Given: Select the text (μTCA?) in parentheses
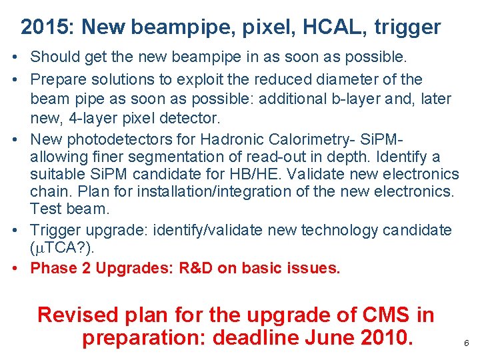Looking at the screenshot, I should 62,248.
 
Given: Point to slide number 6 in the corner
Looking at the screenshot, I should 466,343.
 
